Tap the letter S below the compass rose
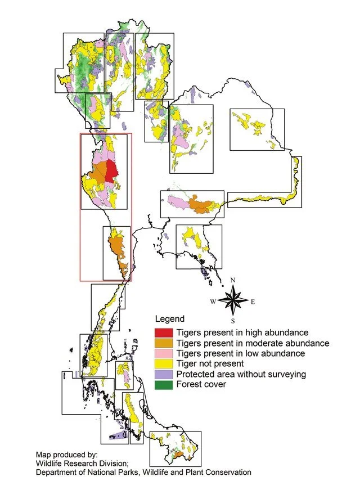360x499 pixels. tap(236, 320)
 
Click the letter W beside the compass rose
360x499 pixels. tap(213, 302)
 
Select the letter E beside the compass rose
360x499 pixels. tap(254, 302)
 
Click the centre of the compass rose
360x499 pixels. tap(235, 300)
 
